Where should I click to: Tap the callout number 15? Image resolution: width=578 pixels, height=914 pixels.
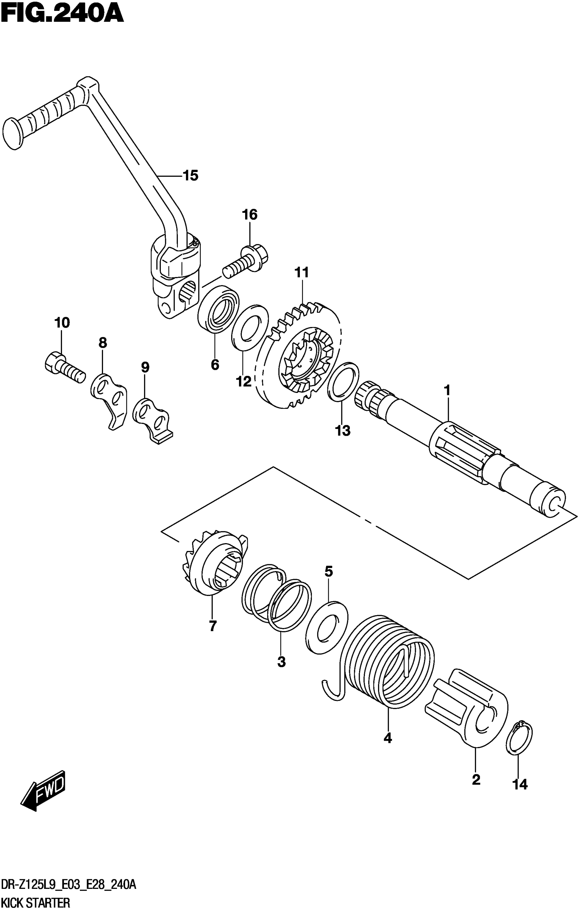tap(191, 176)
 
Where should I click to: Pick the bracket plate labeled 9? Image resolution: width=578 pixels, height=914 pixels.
tap(152, 419)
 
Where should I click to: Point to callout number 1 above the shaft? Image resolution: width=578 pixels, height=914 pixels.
tap(447, 390)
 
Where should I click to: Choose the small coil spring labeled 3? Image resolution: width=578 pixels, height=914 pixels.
tap(276, 598)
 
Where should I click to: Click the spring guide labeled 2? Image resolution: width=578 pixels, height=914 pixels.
tap(471, 708)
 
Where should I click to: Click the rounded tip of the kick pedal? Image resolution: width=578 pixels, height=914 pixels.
tap(12, 134)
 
